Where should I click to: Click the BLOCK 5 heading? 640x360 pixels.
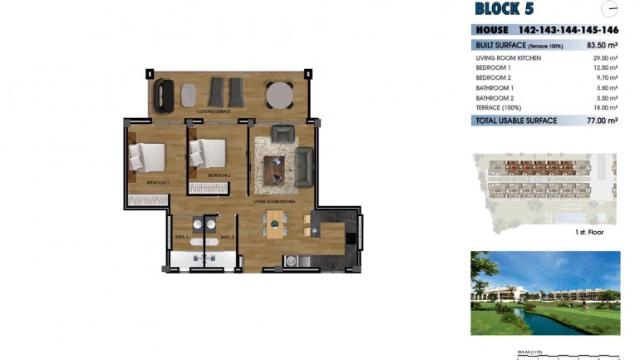tap(504, 9)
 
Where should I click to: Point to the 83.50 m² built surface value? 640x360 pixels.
tap(602, 45)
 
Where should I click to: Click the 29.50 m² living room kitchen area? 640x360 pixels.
tap(604, 58)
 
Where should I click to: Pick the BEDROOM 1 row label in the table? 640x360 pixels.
tap(494, 67)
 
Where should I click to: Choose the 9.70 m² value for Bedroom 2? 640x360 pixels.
tap(606, 77)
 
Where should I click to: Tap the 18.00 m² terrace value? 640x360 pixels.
tap(604, 107)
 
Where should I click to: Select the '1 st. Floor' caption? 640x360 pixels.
tap(588, 232)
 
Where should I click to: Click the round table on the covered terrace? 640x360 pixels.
tap(279, 93)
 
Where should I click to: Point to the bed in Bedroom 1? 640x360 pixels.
tap(147, 156)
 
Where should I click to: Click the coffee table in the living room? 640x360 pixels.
tap(274, 169)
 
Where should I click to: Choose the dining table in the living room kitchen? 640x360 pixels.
tap(274, 224)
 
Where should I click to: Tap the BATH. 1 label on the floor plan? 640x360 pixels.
tap(181, 237)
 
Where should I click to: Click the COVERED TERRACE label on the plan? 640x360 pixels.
tap(214, 111)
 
